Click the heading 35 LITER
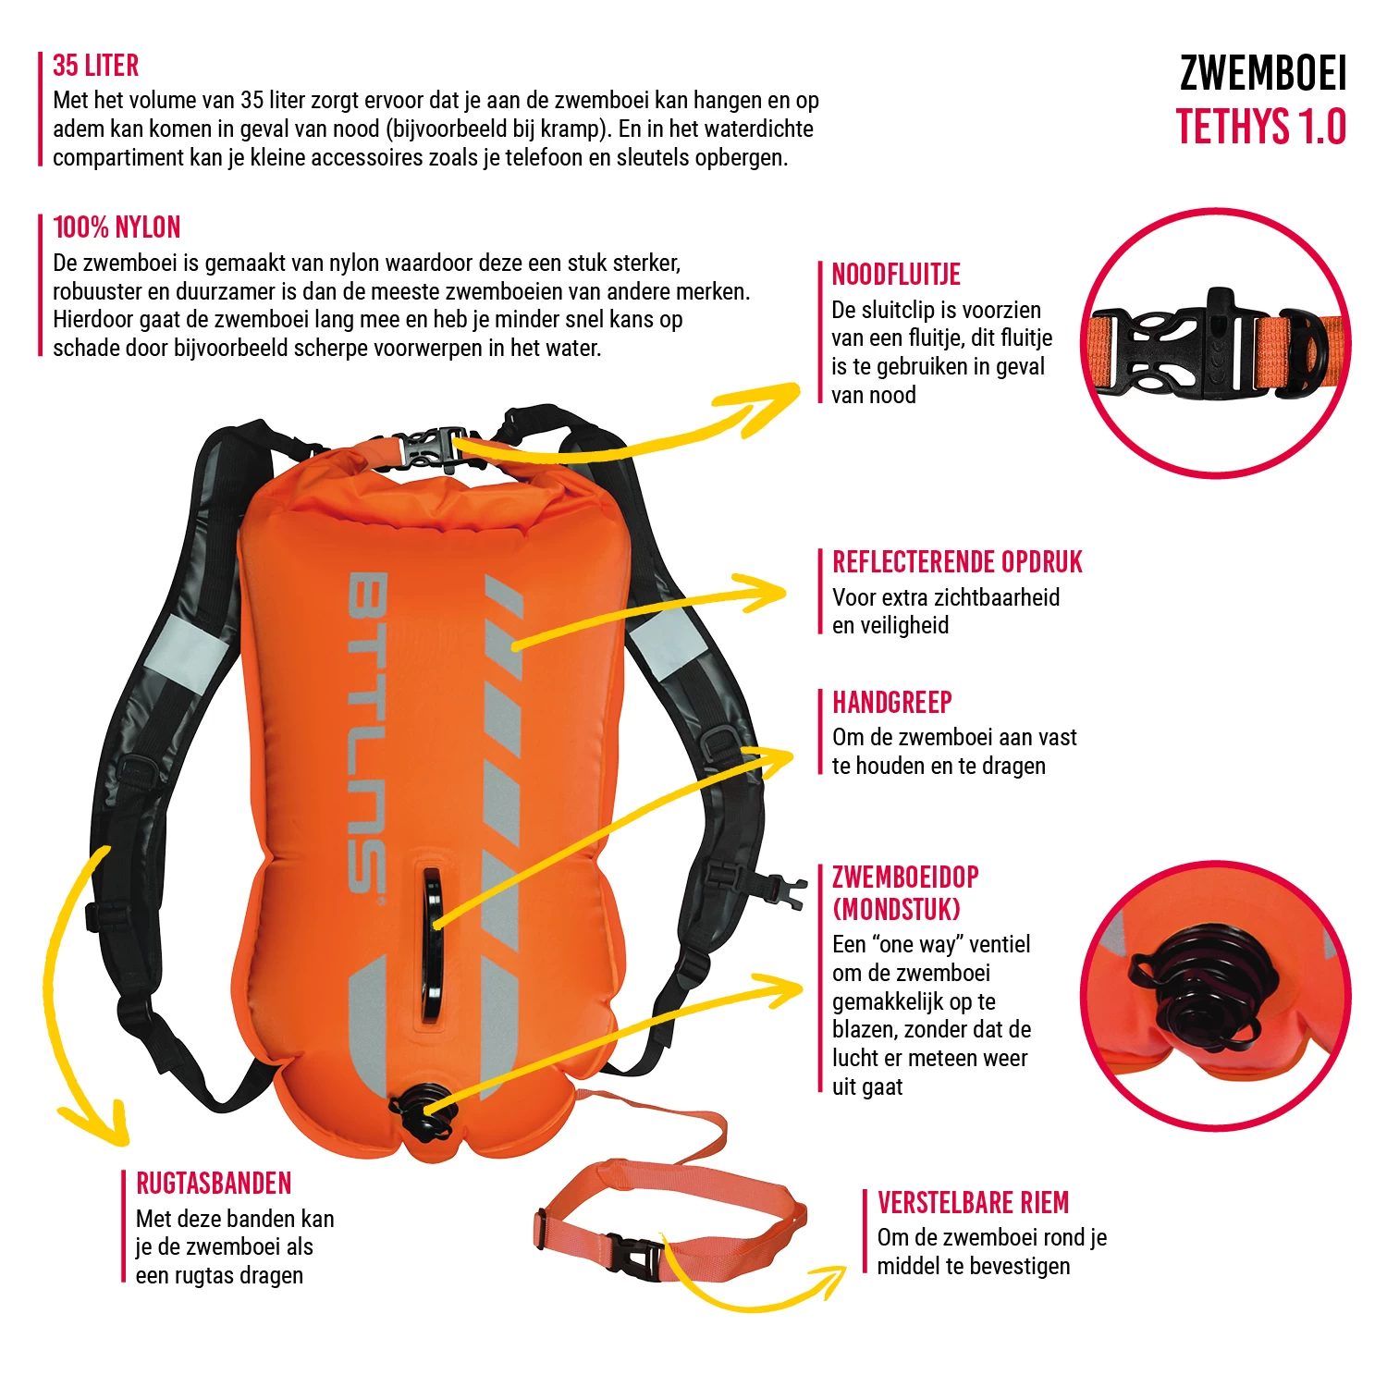click(96, 66)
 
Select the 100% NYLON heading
click(117, 227)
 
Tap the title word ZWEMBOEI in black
click(1263, 74)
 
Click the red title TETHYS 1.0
click(1261, 127)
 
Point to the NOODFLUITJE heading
click(896, 275)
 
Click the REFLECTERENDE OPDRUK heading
click(957, 562)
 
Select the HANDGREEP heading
click(892, 703)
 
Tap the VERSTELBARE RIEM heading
click(973, 1203)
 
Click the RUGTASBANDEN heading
click(214, 1184)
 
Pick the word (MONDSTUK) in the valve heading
click(897, 910)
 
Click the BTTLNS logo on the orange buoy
click(367, 732)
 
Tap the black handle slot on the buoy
click(430, 943)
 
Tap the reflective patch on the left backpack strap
click(190, 651)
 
